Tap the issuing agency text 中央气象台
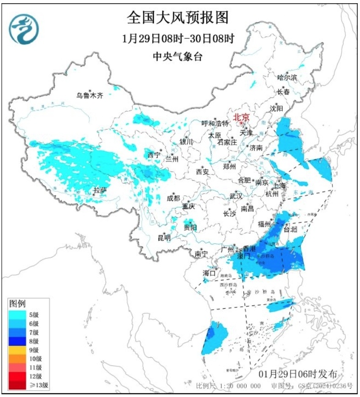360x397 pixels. (x=177, y=57)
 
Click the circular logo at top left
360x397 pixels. (x=24, y=29)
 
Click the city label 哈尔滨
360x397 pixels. (x=287, y=78)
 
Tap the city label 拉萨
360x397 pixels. (x=100, y=190)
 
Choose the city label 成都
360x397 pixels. (x=173, y=198)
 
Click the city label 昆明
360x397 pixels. (x=164, y=237)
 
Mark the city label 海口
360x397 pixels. (x=209, y=273)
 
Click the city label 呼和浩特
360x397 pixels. (x=215, y=123)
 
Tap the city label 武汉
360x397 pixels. (x=236, y=196)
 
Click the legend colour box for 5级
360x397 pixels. (x=17, y=315)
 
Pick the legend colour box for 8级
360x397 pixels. (x=17, y=341)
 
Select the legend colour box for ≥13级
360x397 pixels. (x=17, y=385)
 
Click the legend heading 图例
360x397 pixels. (x=18, y=303)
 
